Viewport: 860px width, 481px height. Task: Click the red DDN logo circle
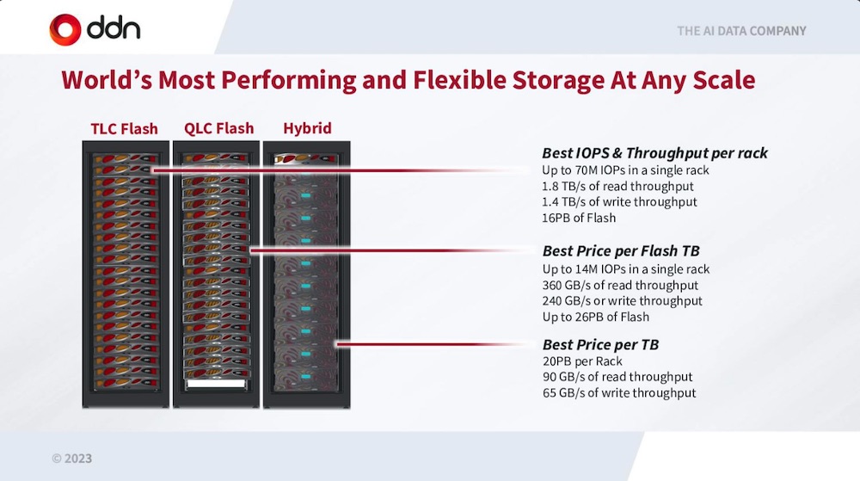65,29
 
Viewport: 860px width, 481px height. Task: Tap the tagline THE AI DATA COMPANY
741,31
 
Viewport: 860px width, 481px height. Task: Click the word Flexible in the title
459,80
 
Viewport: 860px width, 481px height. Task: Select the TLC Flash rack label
124,129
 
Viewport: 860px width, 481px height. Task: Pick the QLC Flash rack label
218,128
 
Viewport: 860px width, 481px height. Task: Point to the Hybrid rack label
307,128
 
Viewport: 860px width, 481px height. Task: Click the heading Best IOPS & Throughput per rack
654,153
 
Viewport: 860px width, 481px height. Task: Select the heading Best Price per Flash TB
621,251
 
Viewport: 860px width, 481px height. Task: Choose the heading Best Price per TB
600,344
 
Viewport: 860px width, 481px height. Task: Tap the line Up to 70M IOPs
625,170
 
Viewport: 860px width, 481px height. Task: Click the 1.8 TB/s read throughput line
617,187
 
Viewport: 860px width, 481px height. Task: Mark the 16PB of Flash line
579,219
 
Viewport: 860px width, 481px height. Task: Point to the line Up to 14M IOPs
626,269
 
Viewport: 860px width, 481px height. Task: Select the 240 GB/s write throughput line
622,301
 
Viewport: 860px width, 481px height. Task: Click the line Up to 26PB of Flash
596,317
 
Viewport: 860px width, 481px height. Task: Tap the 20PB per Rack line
582,361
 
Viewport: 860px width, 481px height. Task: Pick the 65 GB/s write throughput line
619,393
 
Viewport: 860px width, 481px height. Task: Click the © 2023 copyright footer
72,459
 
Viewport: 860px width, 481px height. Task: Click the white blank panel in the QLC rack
216,384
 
